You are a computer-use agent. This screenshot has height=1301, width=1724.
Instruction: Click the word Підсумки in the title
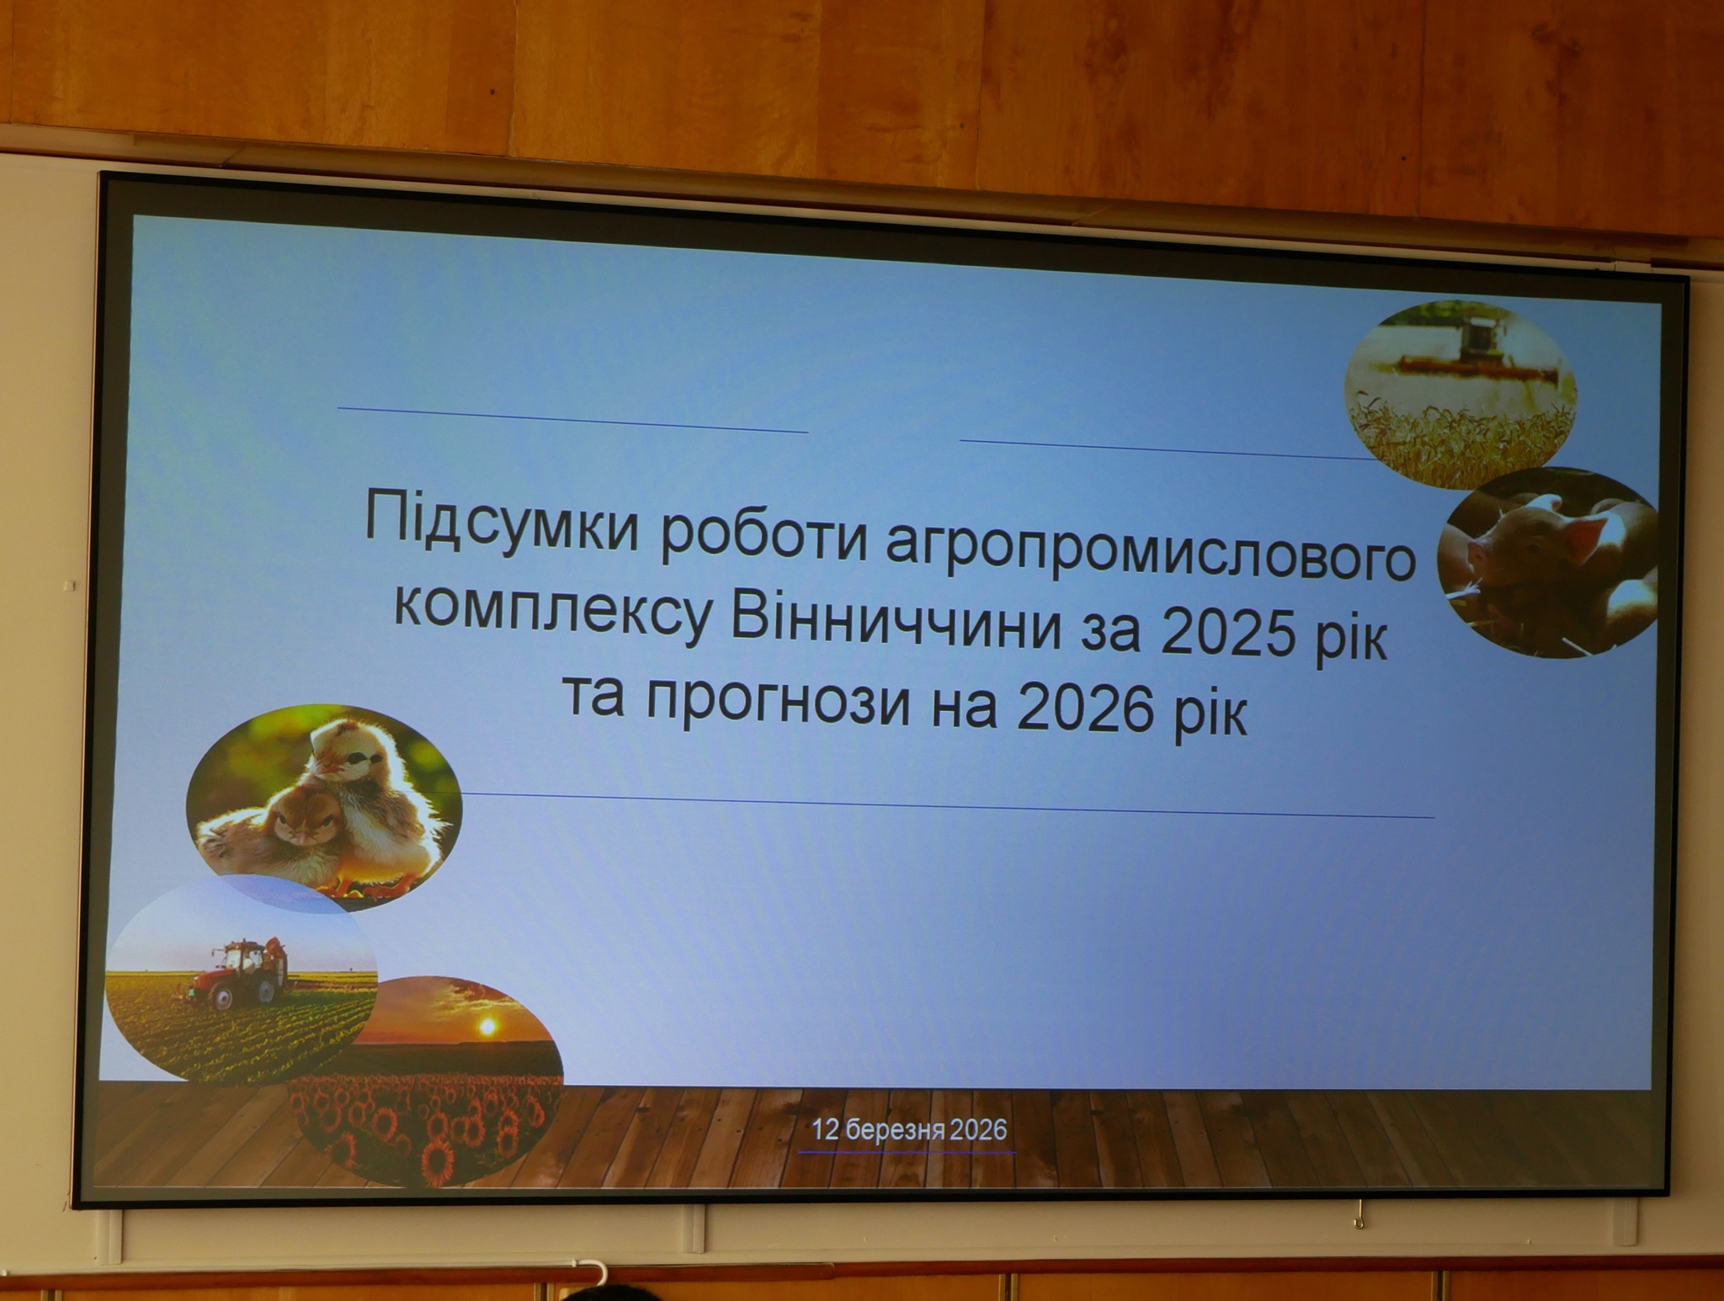point(503,523)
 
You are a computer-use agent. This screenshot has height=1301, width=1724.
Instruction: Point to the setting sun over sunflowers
point(487,1027)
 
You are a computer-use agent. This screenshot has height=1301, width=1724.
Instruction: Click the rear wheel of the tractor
point(221,997)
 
